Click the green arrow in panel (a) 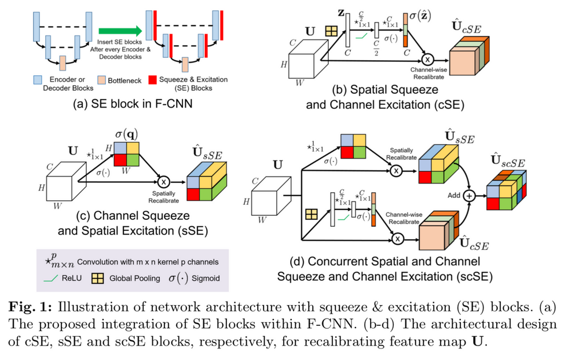(x=119, y=30)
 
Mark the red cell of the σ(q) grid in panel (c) (x=120, y=160)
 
